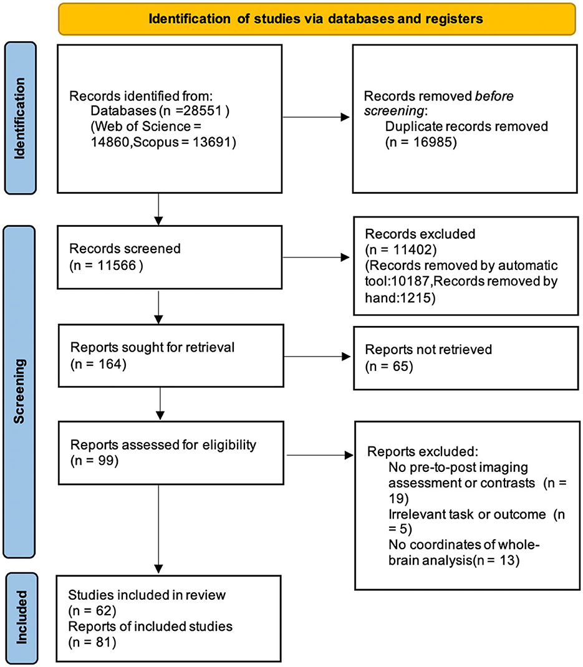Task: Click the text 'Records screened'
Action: pyautogui.click(x=125, y=248)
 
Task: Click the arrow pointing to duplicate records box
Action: pyautogui.click(x=315, y=116)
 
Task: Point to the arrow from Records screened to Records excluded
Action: pyautogui.click(x=315, y=256)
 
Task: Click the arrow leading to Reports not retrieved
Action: pyautogui.click(x=315, y=357)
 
